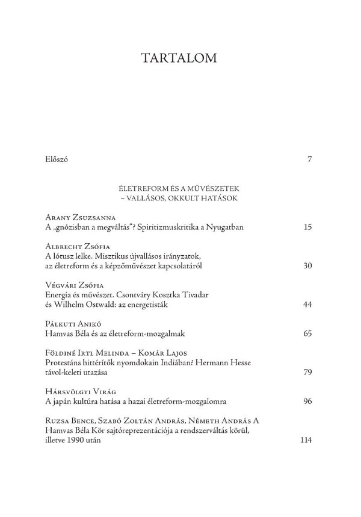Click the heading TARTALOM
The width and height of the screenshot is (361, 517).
pyautogui.click(x=179, y=58)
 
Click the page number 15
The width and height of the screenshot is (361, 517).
pyautogui.click(x=307, y=227)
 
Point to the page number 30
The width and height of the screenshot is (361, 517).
pyautogui.click(x=307, y=266)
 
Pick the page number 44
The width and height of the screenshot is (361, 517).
pyautogui.click(x=307, y=305)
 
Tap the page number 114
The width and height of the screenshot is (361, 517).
pyautogui.click(x=305, y=440)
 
